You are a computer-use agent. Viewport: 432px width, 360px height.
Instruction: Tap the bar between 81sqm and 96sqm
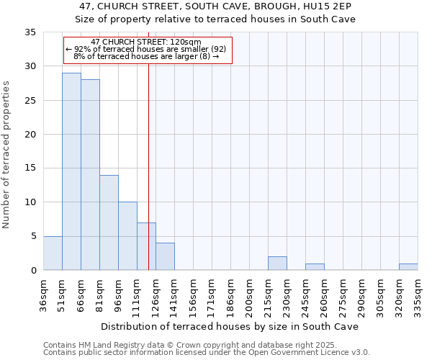click(x=109, y=222)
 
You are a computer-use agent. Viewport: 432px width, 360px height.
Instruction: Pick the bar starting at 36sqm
click(x=53, y=253)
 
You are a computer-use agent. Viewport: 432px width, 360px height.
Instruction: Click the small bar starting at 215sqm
click(x=277, y=264)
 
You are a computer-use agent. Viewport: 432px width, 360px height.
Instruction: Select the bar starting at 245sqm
click(x=315, y=267)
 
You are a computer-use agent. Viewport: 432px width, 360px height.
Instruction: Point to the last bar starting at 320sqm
click(x=408, y=267)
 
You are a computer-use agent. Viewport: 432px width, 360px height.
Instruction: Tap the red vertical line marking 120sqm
click(x=148, y=180)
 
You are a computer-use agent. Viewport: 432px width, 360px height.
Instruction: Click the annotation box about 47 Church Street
click(x=148, y=50)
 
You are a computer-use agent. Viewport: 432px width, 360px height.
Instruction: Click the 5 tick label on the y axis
click(x=33, y=237)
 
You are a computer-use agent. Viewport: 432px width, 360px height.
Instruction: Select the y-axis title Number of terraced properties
click(x=7, y=155)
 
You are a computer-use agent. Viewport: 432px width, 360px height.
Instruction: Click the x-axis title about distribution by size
click(x=229, y=326)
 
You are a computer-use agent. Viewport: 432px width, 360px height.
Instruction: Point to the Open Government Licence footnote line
click(x=206, y=353)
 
